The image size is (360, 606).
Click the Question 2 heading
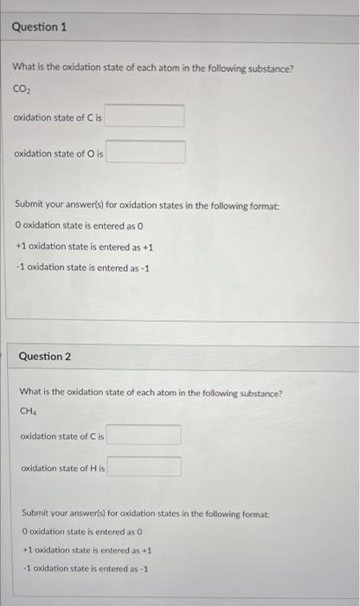click(45, 357)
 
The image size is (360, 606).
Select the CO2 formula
click(22, 89)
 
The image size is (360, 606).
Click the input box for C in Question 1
click(145, 116)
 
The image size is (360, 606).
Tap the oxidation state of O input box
click(145, 153)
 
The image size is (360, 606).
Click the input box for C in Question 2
click(144, 435)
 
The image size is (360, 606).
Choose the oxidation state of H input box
click(145, 467)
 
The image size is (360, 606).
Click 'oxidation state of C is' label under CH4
click(62, 436)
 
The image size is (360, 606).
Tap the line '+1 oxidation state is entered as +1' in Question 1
click(84, 246)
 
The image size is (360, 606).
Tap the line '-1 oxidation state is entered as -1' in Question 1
click(82, 267)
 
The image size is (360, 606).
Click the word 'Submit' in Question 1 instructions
click(32, 204)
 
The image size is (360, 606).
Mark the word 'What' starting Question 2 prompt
click(31, 392)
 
